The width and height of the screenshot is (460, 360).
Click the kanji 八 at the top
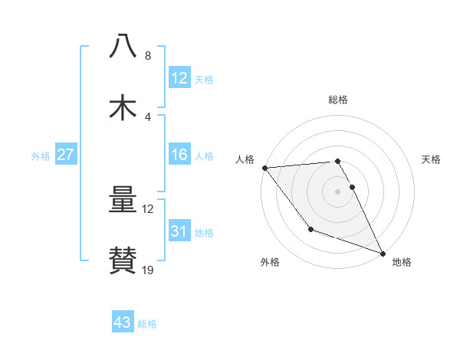123,47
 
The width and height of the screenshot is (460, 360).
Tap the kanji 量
123,201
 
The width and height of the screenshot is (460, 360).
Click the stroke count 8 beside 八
147,56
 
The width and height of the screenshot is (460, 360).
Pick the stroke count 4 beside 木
147,116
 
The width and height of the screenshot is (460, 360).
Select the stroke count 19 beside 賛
148,270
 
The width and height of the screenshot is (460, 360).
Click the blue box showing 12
179,78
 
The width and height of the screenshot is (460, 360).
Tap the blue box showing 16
179,155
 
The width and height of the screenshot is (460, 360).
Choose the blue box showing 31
179,231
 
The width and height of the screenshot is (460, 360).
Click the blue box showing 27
66,155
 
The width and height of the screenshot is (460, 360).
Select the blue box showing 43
123,322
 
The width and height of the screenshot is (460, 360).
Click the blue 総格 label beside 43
147,324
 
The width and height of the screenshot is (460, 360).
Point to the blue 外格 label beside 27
41,156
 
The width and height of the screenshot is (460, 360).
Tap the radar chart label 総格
338,100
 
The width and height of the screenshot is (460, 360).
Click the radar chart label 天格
432,159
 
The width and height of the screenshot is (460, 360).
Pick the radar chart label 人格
245,159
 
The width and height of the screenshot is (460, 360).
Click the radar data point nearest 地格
383,252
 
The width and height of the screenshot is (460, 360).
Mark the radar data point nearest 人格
264,168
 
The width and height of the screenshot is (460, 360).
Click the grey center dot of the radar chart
338,191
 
